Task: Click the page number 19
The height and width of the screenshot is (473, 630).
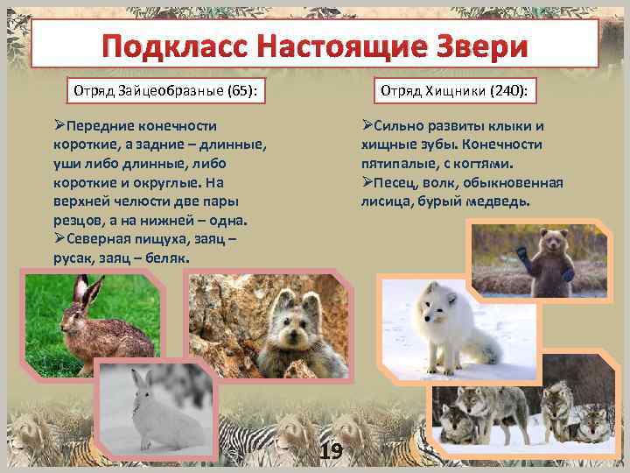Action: [331, 452]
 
